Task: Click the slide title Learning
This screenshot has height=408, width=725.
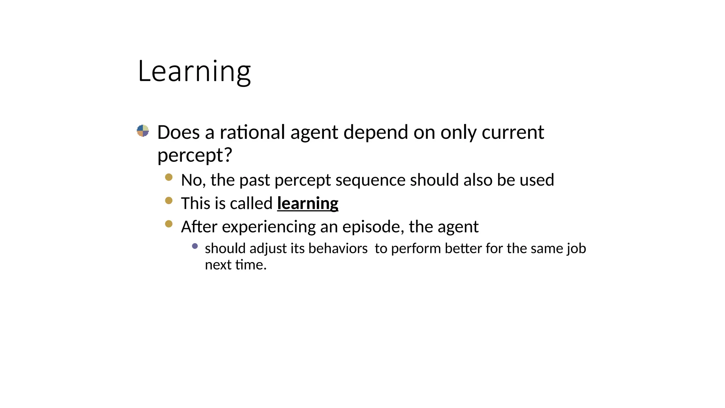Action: pos(194,72)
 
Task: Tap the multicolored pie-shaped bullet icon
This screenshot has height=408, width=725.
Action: pos(143,131)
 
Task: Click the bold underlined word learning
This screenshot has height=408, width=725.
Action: pos(307,204)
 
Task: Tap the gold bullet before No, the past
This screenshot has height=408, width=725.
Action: pos(169,177)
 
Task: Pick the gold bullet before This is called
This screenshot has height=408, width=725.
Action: pos(169,200)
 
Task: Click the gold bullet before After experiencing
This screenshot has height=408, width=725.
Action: pos(169,224)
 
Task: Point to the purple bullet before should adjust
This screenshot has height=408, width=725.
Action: pos(195,246)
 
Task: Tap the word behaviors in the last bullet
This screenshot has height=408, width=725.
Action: pos(338,249)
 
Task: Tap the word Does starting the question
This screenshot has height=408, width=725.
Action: pos(178,132)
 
